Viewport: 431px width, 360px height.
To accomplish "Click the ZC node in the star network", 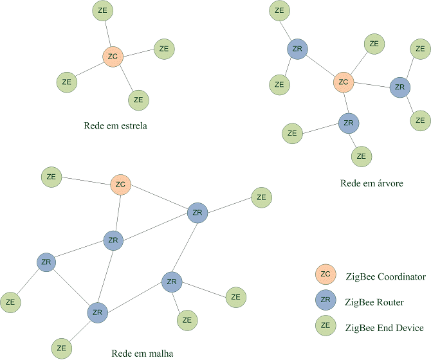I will (113, 57).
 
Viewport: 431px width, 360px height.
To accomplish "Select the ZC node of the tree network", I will (344, 82).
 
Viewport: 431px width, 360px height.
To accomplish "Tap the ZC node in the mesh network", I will (120, 185).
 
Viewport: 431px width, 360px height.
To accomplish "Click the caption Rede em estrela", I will (115, 125).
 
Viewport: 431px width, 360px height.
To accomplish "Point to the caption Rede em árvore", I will (371, 183).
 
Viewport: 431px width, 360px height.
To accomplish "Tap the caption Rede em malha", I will (142, 352).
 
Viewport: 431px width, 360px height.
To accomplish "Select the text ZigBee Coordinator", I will (385, 276).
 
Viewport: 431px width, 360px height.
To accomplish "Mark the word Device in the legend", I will (409, 327).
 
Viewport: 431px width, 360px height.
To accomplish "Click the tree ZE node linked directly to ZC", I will (374, 44).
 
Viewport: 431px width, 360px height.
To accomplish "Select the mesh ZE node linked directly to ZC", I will (51, 177).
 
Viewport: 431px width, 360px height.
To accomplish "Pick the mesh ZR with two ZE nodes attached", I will (171, 281).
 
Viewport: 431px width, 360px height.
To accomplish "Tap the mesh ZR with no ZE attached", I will (113, 240).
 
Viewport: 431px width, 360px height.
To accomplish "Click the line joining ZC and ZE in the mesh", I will (86, 181).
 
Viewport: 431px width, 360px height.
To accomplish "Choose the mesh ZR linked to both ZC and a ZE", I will (197, 213).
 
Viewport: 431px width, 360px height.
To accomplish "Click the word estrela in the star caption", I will (131, 125).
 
